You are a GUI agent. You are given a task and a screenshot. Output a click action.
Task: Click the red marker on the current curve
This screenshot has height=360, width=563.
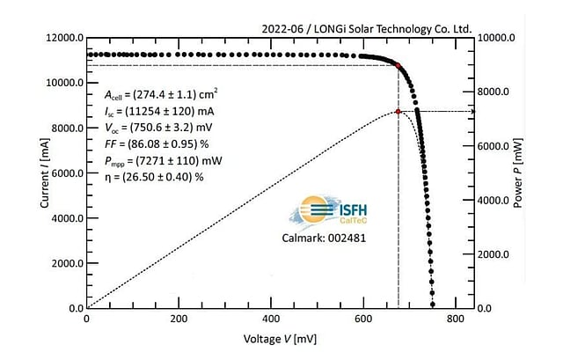[x=398, y=65]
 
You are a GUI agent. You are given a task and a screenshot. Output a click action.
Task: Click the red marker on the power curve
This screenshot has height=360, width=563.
[x=398, y=112]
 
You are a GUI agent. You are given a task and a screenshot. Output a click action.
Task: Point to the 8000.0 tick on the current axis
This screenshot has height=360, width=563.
[x=61, y=129]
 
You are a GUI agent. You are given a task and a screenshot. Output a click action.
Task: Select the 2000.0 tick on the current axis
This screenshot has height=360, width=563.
[x=61, y=263]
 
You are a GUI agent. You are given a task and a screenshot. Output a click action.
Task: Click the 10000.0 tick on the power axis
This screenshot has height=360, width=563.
[x=496, y=39]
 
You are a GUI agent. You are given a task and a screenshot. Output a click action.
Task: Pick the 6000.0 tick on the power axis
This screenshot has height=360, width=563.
[x=496, y=146]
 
